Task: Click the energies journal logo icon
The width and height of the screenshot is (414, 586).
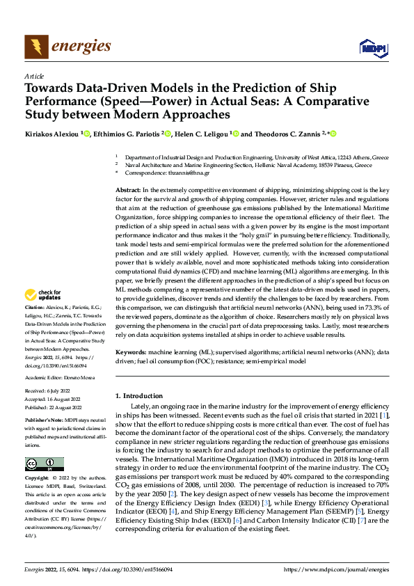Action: tap(36, 47)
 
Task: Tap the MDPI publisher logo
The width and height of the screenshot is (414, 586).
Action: tap(372, 47)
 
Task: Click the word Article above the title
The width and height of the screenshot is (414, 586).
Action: tap(34, 76)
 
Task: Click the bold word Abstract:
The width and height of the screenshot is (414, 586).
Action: tap(129, 190)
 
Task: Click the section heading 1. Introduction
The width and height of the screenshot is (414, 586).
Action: tap(141, 396)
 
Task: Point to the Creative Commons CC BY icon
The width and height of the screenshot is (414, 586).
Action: tap(45, 464)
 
